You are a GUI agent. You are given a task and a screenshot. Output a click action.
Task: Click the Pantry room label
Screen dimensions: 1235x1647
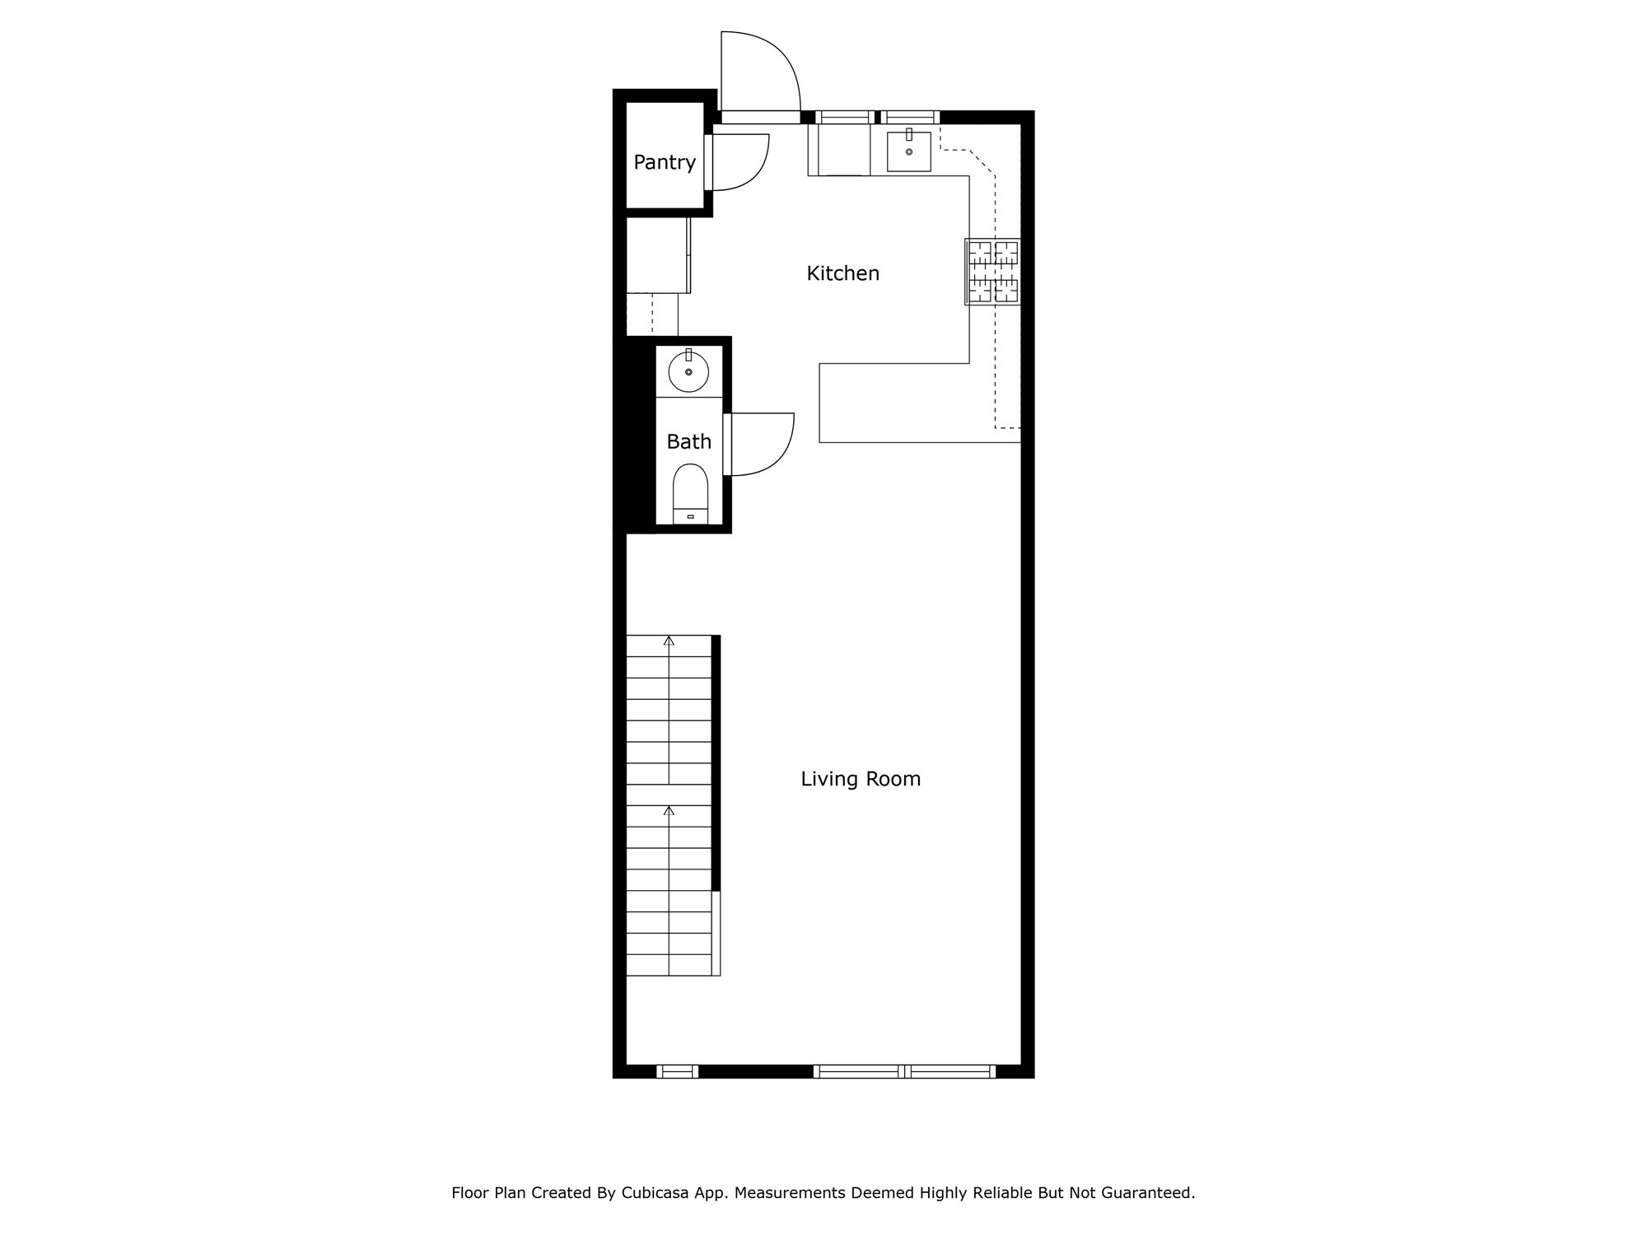tap(664, 163)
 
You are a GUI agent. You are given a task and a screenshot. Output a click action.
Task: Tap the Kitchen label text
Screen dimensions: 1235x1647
tap(842, 273)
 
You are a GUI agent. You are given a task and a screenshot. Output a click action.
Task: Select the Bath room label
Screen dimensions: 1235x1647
tap(688, 442)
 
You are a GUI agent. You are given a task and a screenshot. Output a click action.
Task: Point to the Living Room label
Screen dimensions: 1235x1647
tap(861, 779)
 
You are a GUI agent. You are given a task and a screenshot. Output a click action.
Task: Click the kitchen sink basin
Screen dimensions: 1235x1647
tap(908, 151)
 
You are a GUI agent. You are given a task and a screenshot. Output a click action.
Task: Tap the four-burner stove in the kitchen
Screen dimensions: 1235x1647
tap(993, 272)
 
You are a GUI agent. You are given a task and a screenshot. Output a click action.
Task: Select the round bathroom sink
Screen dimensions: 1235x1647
tap(688, 372)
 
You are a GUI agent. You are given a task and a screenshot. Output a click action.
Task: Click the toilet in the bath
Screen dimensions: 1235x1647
tap(690, 494)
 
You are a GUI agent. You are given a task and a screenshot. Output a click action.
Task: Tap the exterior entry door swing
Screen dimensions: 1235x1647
tap(759, 72)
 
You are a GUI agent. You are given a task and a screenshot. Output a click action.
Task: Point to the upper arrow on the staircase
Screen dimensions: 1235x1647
tap(669, 641)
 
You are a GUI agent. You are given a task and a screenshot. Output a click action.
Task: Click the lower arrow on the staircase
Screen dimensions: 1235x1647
tap(669, 811)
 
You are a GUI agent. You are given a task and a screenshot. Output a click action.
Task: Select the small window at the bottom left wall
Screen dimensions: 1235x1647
tap(677, 1071)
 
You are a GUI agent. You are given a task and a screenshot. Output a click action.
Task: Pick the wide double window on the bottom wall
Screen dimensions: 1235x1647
tap(904, 1071)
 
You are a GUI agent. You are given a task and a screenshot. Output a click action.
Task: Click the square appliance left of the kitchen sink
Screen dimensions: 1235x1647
tap(839, 150)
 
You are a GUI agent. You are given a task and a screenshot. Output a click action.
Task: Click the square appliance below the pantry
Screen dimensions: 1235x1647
tap(657, 254)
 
